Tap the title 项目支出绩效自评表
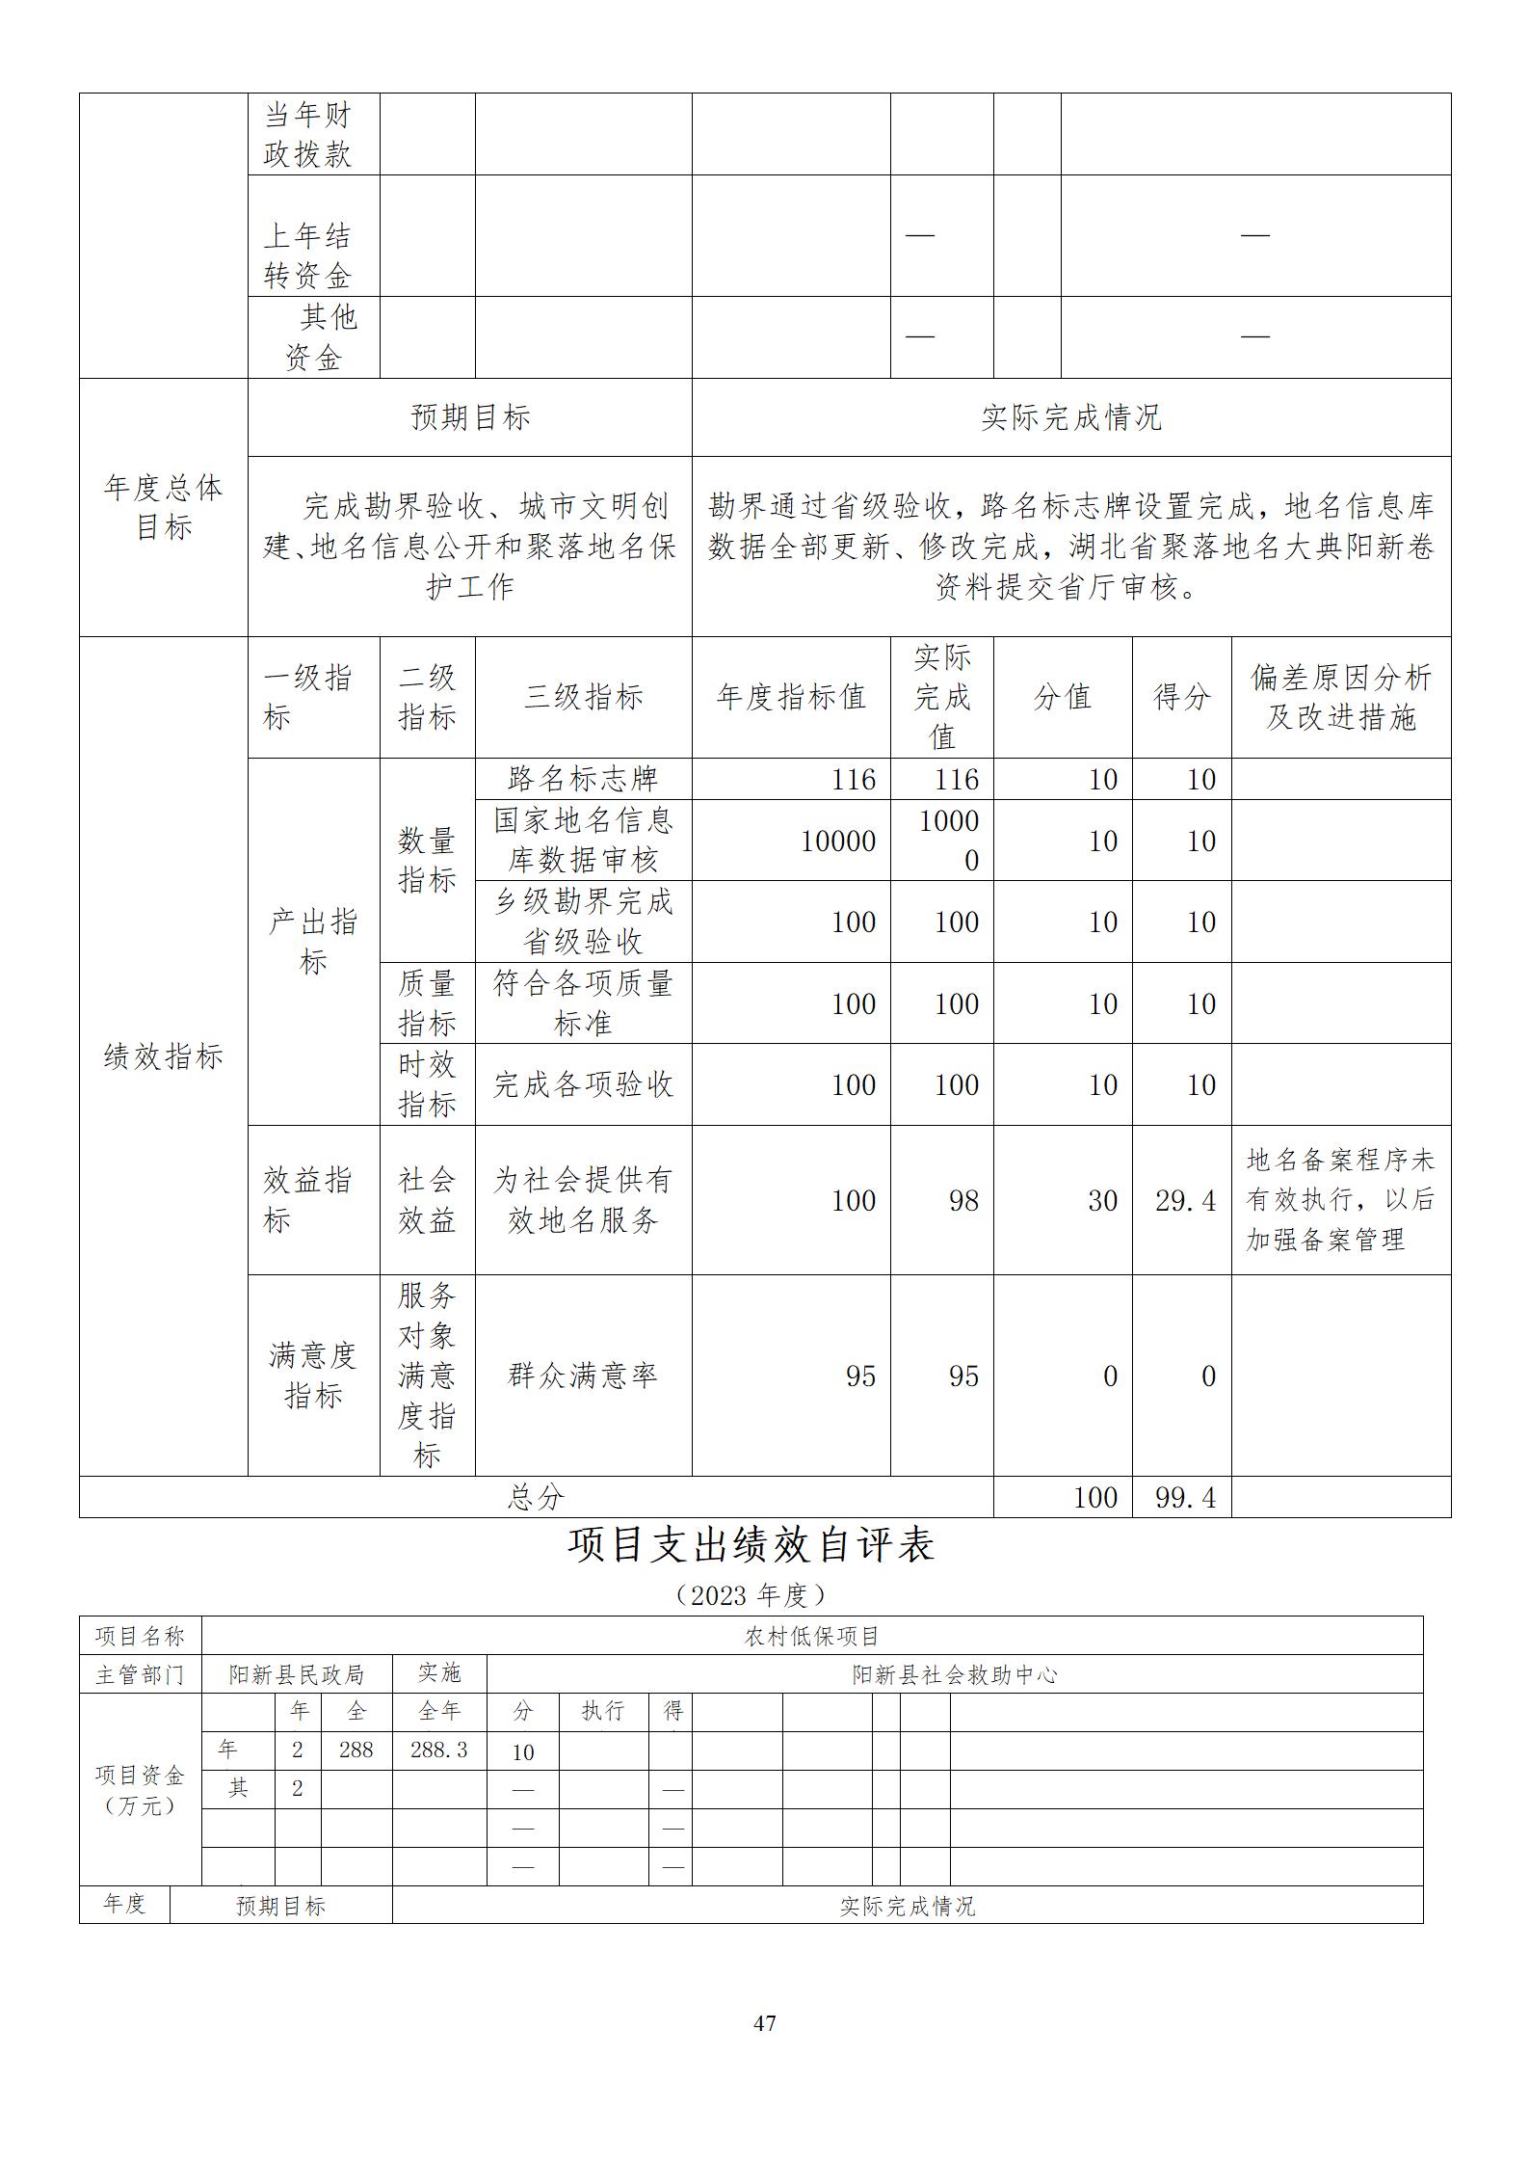[751, 1544]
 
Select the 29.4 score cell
[1184, 1200]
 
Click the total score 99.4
[1184, 1497]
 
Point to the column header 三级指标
[583, 697]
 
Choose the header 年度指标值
[791, 697]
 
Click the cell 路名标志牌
[583, 779]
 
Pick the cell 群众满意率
[583, 1375]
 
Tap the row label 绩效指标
[163, 1056]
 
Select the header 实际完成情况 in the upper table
[1070, 417]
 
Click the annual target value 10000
[837, 841]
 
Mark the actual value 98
[962, 1200]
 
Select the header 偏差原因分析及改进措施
[1340, 697]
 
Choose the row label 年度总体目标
[163, 507]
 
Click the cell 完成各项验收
[583, 1084]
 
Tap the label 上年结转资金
[308, 256]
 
